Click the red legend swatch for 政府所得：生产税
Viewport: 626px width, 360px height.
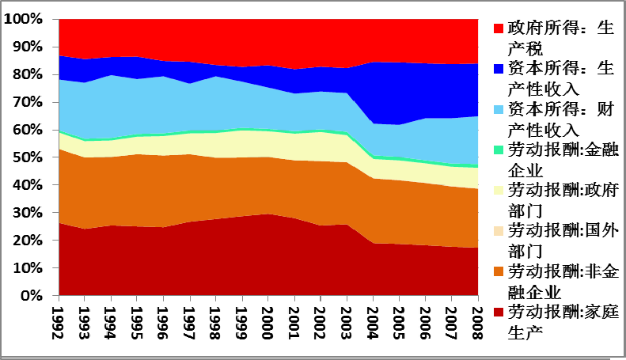click(498, 28)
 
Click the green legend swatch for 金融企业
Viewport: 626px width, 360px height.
click(498, 150)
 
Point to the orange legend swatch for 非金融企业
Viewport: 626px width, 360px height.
click(498, 272)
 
